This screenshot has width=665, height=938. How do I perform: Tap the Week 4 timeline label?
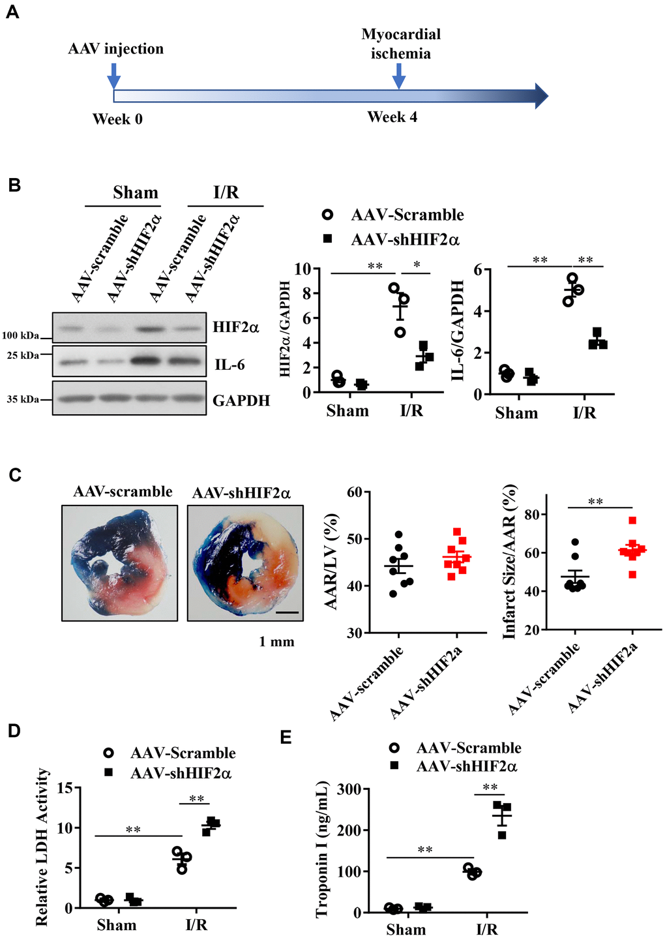click(392, 117)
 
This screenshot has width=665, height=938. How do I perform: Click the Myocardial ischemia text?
click(401, 44)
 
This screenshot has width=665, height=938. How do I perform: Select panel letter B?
click(14, 185)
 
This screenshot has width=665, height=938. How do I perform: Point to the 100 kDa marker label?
click(20, 336)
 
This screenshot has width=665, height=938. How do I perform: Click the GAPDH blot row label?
click(241, 401)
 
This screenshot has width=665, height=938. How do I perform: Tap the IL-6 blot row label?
click(230, 365)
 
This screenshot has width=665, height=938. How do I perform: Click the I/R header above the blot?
click(226, 193)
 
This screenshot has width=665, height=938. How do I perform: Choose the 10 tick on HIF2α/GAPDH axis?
click(302, 269)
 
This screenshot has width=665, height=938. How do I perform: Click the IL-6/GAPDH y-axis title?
click(458, 330)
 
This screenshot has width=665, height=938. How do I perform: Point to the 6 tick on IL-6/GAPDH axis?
click(477, 269)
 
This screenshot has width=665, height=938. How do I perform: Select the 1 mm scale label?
click(276, 642)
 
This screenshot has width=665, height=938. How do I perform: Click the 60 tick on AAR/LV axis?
click(354, 492)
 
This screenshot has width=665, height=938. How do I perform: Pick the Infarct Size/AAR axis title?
click(509, 562)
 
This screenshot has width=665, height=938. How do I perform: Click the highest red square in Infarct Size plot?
click(632, 521)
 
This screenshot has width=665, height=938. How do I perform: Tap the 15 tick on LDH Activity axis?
click(64, 788)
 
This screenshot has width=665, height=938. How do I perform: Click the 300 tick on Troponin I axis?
click(349, 789)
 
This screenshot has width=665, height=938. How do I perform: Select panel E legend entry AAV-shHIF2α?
click(467, 766)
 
